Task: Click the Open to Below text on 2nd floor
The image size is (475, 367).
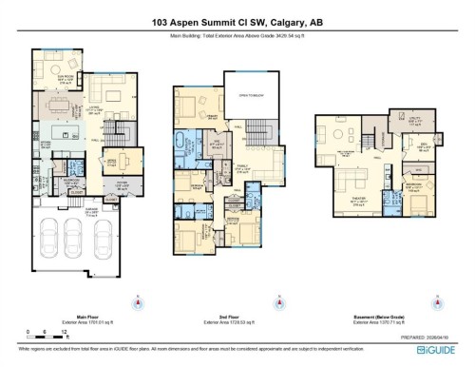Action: click(x=251, y=96)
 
